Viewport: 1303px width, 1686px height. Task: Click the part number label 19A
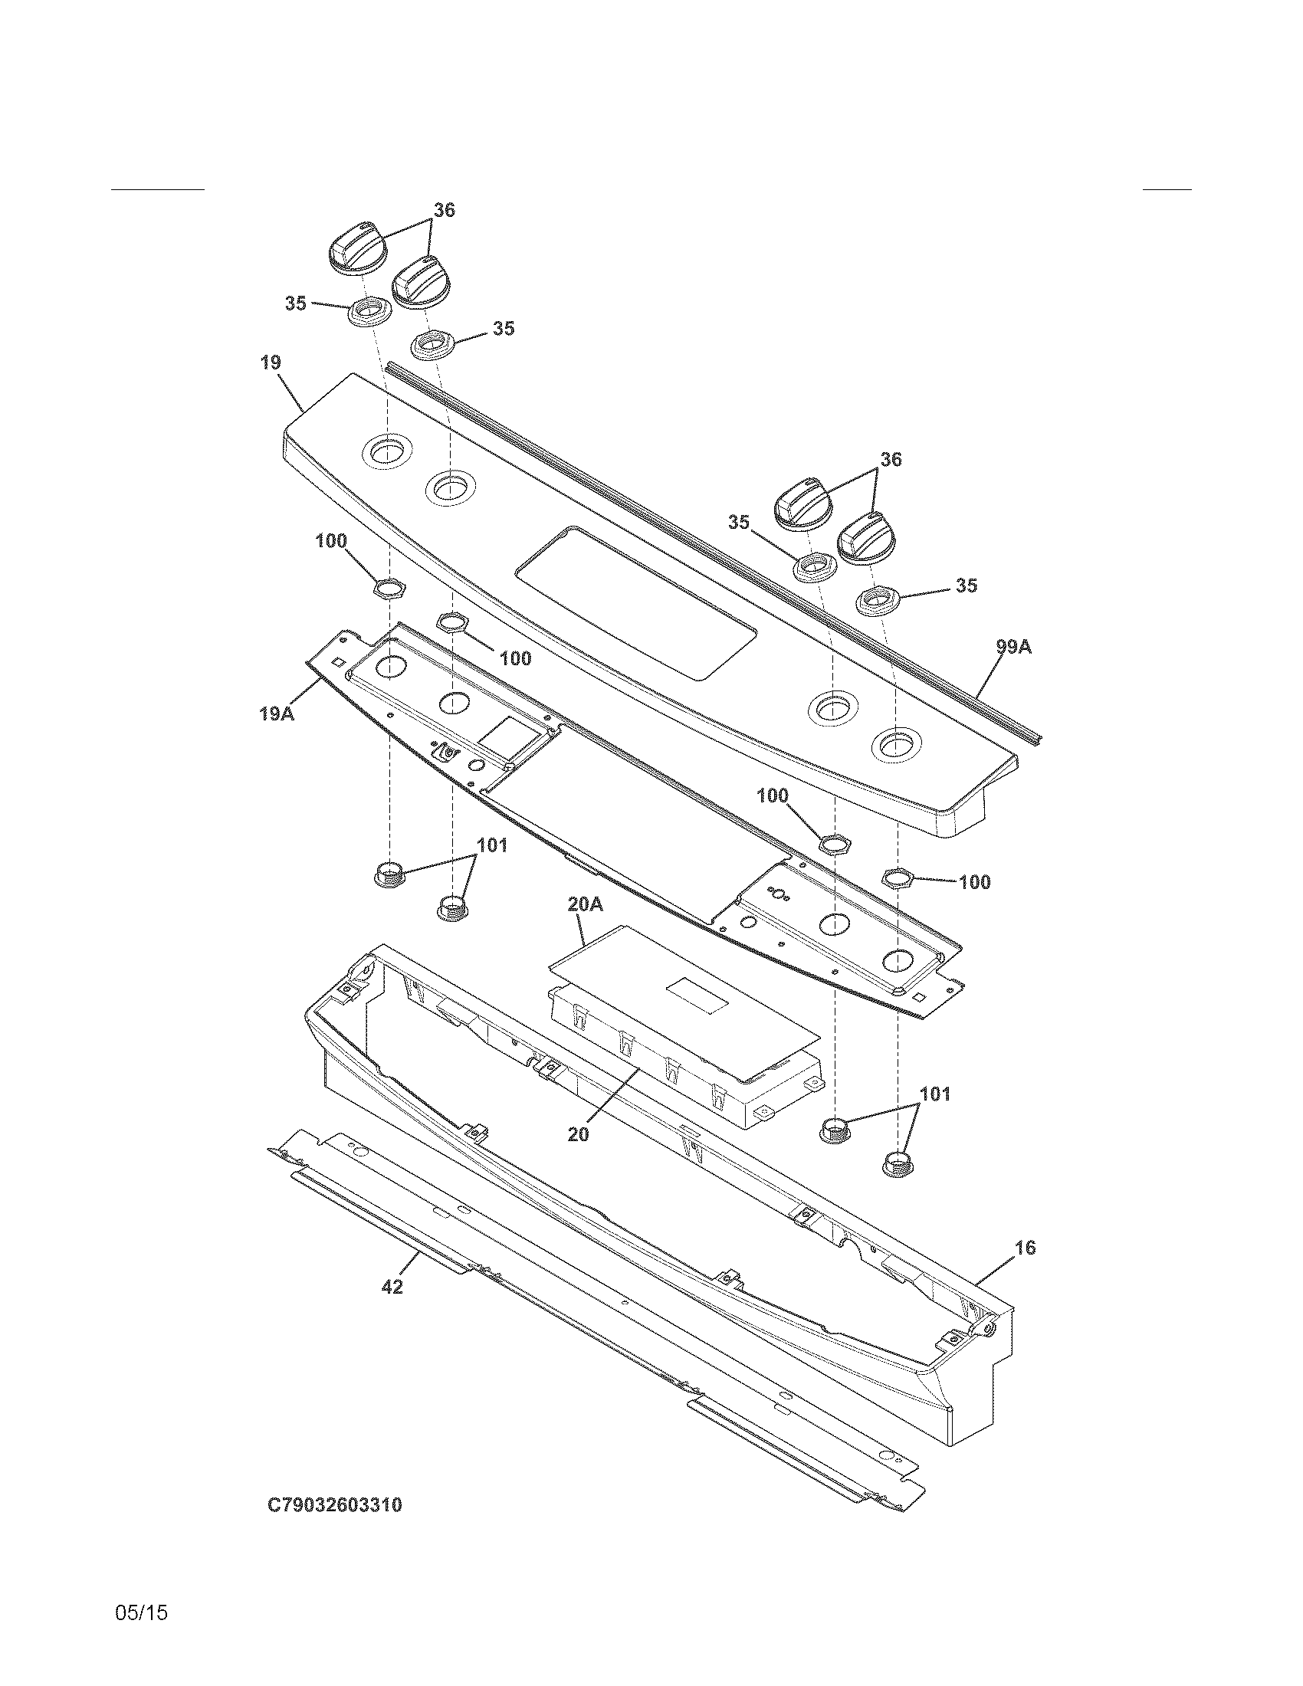(x=276, y=713)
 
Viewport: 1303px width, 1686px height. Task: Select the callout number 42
(x=392, y=1287)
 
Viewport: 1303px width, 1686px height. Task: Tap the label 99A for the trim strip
(x=1013, y=647)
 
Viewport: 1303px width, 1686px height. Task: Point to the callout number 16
(x=1024, y=1248)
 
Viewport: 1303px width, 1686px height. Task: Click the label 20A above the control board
(x=585, y=904)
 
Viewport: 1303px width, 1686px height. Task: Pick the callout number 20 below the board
(x=578, y=1134)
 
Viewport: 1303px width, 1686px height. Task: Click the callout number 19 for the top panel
(x=270, y=362)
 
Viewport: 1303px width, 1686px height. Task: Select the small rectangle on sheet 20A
(x=697, y=995)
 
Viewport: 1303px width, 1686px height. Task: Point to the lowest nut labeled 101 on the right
(x=896, y=1185)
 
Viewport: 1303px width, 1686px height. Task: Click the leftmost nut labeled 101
(x=389, y=874)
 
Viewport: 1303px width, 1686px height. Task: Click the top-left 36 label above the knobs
(x=444, y=210)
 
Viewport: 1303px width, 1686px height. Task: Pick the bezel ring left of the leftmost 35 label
(x=368, y=312)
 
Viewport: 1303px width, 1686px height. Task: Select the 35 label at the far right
(x=966, y=586)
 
